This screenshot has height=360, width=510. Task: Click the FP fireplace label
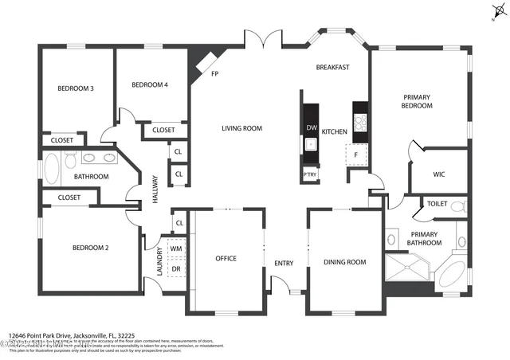pyautogui.click(x=214, y=74)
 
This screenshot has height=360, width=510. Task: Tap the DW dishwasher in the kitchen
pyautogui.click(x=311, y=128)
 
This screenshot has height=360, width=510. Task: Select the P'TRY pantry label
pyautogui.click(x=309, y=174)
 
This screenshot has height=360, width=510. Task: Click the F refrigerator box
pyautogui.click(x=356, y=155)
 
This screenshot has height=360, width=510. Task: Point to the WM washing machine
pyautogui.click(x=176, y=249)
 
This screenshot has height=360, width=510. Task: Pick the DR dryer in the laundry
pyautogui.click(x=176, y=268)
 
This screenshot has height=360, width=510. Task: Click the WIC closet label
pyautogui.click(x=438, y=174)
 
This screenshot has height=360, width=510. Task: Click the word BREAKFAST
pyautogui.click(x=332, y=68)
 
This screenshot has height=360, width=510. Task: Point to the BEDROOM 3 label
pyautogui.click(x=76, y=88)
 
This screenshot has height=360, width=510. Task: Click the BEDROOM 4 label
pyautogui.click(x=150, y=84)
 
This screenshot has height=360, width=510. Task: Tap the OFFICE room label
pyautogui.click(x=226, y=258)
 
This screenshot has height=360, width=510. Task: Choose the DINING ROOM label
pyautogui.click(x=344, y=262)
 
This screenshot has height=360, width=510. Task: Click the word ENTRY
pyautogui.click(x=284, y=263)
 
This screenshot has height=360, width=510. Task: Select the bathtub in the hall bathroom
pyautogui.click(x=50, y=169)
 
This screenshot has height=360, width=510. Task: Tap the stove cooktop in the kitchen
pyautogui.click(x=359, y=122)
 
